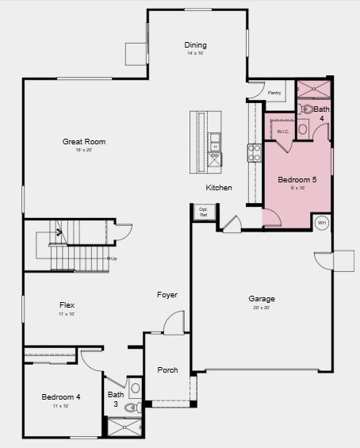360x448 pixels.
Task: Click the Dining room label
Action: coord(195,45)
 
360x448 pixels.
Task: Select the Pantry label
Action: coord(274,93)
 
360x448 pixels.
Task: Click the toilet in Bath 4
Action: coord(307,109)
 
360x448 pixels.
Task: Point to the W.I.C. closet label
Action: coord(283,132)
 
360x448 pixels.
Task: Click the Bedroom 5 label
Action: coord(297,180)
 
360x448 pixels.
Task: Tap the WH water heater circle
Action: coord(322,223)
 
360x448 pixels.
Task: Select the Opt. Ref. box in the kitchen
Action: coord(203,212)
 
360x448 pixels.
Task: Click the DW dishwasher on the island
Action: coord(215,156)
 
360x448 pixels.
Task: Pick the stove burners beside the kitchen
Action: coord(255,152)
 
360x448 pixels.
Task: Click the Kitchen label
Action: coord(219,188)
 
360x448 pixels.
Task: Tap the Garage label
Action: coord(262,299)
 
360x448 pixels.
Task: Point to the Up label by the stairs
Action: coord(114,258)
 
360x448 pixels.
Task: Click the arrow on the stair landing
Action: coord(59,232)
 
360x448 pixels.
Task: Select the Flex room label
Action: coord(67,304)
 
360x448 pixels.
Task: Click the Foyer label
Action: coord(167,295)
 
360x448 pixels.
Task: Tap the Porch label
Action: coord(167,370)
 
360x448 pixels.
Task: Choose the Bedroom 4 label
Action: coord(61,396)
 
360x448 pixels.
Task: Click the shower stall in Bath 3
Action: coord(123,428)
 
